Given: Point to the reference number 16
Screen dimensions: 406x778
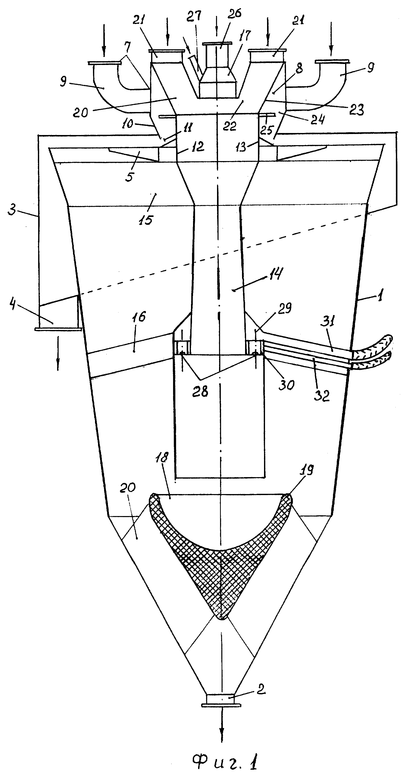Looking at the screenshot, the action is (139, 317).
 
